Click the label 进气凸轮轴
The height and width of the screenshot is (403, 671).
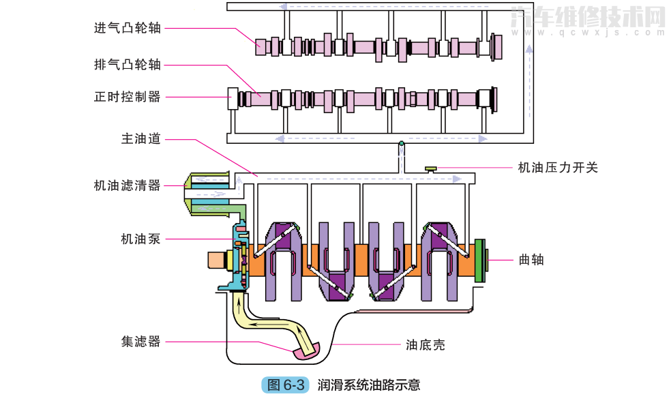128,28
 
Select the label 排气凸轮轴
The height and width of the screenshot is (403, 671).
128,65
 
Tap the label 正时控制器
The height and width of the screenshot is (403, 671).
128,97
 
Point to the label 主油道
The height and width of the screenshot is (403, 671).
141,138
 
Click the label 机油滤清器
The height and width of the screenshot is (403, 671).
128,185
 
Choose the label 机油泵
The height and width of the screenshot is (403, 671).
141,239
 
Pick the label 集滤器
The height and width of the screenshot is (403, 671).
141,341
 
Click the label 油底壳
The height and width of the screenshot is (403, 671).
425,344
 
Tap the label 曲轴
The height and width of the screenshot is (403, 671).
531,259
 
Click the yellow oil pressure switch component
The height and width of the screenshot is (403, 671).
431,168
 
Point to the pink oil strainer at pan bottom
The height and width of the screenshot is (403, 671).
305,352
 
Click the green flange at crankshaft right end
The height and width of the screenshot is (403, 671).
482,259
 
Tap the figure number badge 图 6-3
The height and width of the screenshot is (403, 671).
285,385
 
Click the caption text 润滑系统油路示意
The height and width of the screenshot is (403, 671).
369,385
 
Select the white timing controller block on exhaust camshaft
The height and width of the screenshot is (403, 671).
232,98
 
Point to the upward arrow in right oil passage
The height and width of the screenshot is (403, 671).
528,49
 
